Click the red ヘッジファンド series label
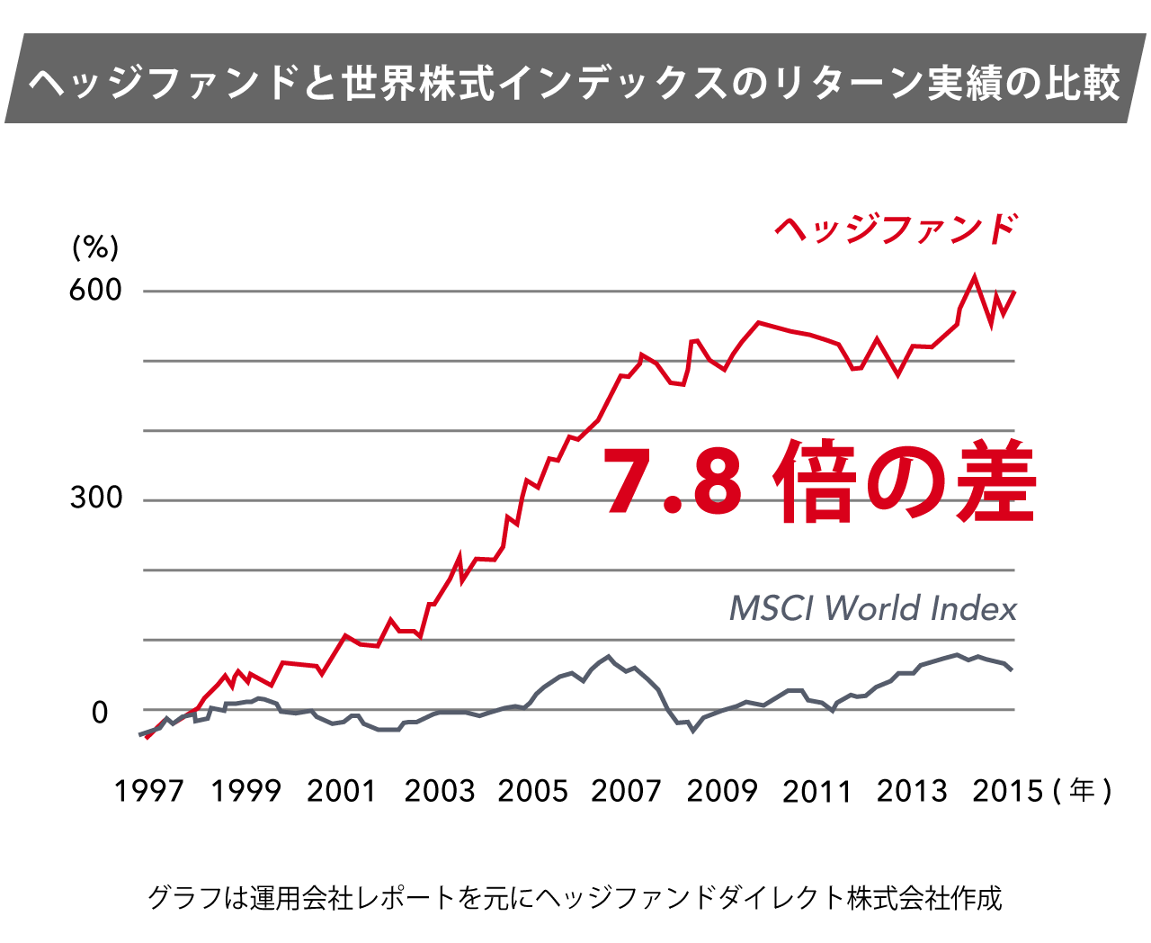pyautogui.click(x=896, y=229)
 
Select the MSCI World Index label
pyautogui.click(x=872, y=609)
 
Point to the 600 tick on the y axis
pyautogui.click(x=95, y=290)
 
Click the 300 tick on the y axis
pyautogui.click(x=95, y=498)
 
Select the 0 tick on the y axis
pyautogui.click(x=100, y=713)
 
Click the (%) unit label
pyautogui.click(x=95, y=247)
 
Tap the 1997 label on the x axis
pyautogui.click(x=148, y=791)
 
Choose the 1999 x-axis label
pyautogui.click(x=245, y=791)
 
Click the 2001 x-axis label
pyautogui.click(x=341, y=791)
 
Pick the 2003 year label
pyautogui.click(x=439, y=791)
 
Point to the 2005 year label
pyautogui.click(x=533, y=791)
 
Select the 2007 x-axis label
pyautogui.click(x=626, y=791)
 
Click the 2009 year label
pyautogui.click(x=722, y=791)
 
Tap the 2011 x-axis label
pyautogui.click(x=816, y=791)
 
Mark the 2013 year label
pyautogui.click(x=912, y=791)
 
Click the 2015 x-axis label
pyautogui.click(x=1008, y=791)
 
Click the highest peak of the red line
pyautogui.click(x=974, y=276)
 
